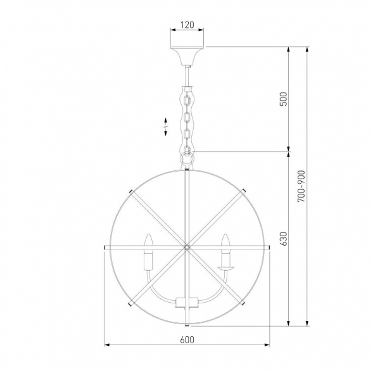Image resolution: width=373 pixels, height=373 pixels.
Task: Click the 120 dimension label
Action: (187, 25)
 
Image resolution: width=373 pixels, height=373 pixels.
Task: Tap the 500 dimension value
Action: (284, 99)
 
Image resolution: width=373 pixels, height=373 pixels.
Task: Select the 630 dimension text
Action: (284, 239)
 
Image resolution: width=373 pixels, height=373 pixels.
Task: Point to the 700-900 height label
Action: (301, 186)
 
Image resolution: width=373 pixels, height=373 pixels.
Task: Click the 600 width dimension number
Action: (187, 339)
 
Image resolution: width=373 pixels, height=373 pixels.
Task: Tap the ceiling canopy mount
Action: (187, 56)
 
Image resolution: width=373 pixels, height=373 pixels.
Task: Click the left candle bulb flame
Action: (148, 241)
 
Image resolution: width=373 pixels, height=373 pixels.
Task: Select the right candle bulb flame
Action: (225, 241)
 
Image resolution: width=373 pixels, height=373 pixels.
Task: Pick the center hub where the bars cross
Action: (187, 248)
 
